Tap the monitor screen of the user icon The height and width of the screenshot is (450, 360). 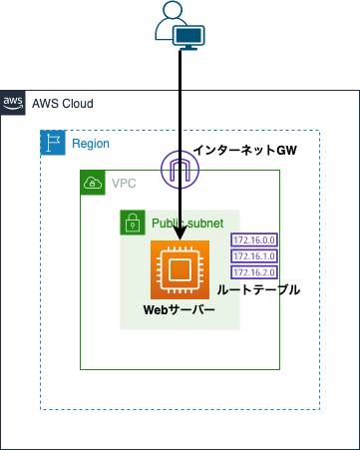click(x=189, y=36)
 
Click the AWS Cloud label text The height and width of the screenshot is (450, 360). click(x=61, y=104)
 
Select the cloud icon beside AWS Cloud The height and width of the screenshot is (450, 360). click(x=13, y=104)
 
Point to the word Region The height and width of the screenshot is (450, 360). click(x=90, y=144)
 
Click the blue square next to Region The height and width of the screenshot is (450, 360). click(x=52, y=143)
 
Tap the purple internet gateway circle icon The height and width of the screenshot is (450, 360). click(x=180, y=170)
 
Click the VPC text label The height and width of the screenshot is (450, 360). click(x=125, y=184)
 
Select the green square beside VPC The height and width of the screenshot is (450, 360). click(x=93, y=184)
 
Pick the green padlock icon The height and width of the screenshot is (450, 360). click(x=132, y=223)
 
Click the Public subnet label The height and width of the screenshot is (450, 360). click(x=187, y=222)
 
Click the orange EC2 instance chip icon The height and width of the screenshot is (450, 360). click(x=180, y=269)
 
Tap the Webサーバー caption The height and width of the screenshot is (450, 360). click(x=180, y=310)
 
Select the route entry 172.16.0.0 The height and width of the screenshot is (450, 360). click(x=252, y=240)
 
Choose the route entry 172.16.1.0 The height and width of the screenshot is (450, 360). click(x=252, y=255)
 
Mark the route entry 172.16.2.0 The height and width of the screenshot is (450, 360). click(x=252, y=271)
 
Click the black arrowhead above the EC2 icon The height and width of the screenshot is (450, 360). click(x=180, y=233)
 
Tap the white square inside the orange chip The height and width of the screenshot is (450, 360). click(x=180, y=269)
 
